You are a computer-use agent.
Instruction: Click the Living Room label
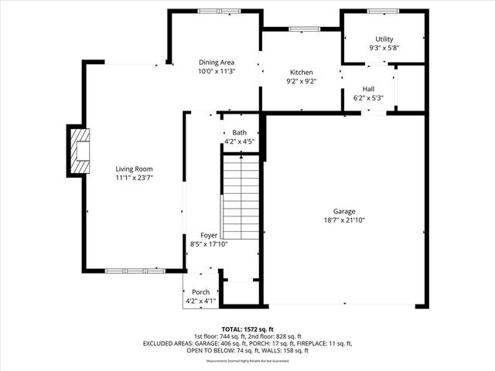click(x=135, y=168)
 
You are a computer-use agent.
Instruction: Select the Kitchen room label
click(x=301, y=71)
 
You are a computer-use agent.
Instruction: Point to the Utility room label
click(x=384, y=39)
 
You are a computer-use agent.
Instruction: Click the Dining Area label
click(x=217, y=62)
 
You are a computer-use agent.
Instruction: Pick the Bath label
click(x=239, y=133)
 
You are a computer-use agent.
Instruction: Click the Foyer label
click(x=209, y=235)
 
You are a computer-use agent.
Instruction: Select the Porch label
click(x=201, y=292)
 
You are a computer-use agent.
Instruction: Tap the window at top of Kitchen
click(x=301, y=29)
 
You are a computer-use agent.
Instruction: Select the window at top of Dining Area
click(x=213, y=11)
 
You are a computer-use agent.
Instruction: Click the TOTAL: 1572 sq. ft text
click(x=247, y=328)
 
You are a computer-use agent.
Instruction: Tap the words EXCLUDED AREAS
click(x=167, y=343)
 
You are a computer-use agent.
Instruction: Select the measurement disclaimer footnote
click(x=247, y=361)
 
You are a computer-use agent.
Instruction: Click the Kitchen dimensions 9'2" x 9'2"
click(x=301, y=80)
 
